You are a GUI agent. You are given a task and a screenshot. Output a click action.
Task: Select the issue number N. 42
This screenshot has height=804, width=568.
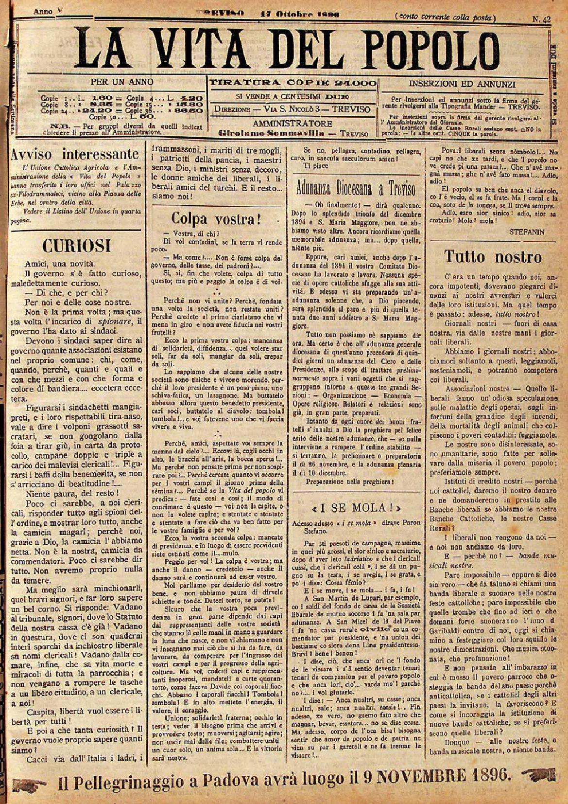541,20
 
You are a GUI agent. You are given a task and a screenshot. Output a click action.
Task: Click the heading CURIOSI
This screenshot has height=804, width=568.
77,246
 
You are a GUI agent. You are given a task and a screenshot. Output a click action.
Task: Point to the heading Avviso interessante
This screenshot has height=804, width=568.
76,155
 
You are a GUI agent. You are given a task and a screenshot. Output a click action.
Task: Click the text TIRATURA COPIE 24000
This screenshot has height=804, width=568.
293,83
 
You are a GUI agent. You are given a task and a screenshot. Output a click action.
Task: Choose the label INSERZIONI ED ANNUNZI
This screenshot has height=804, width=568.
462,84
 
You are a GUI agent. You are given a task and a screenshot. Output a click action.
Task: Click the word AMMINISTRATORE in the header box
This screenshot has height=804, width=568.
293,124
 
